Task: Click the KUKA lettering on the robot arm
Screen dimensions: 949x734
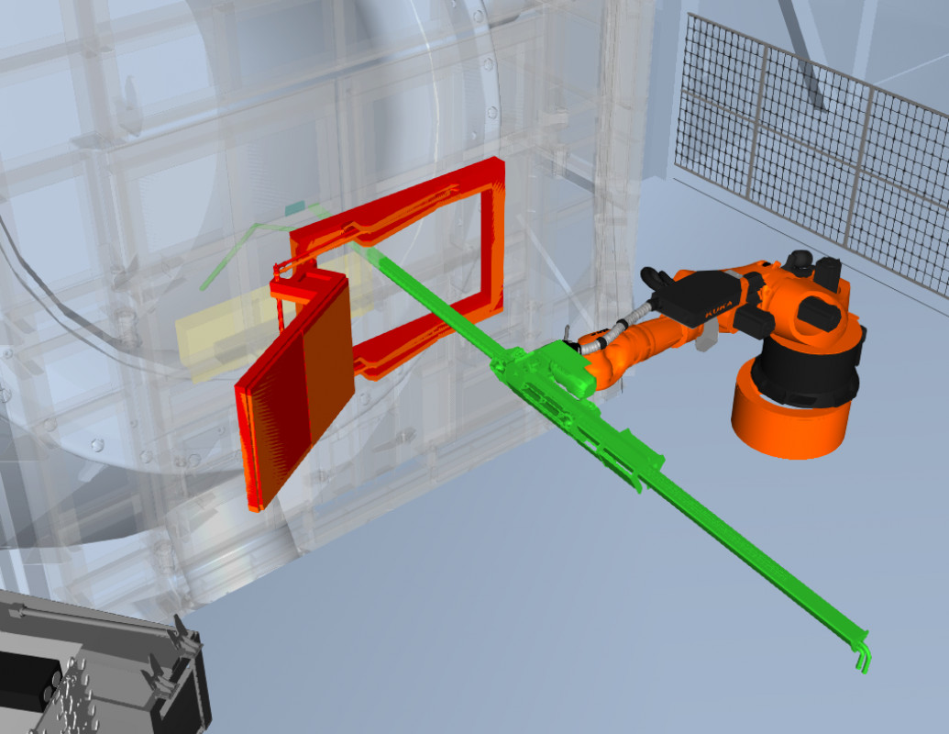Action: pos(719,309)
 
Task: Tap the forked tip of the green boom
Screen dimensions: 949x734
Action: pos(862,653)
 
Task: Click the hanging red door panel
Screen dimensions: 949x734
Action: pos(294,387)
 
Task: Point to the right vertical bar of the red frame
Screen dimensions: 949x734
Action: pos(492,236)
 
